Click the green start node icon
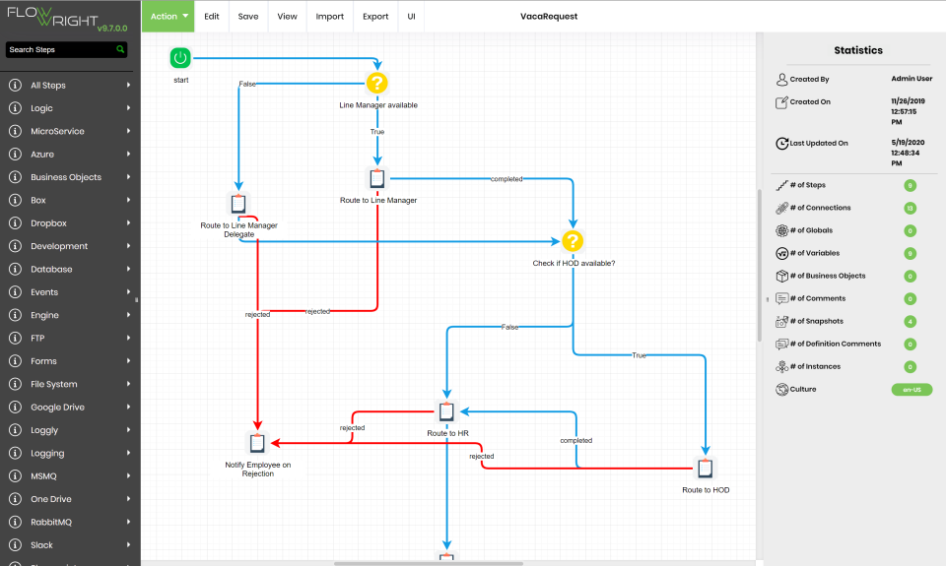pyautogui.click(x=179, y=59)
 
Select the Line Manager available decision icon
pyautogui.click(x=377, y=83)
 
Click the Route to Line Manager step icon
pyautogui.click(x=377, y=178)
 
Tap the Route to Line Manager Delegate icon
pyautogui.click(x=238, y=204)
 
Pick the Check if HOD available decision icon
pyautogui.click(x=574, y=241)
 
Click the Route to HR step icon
pyautogui.click(x=446, y=411)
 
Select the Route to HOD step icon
pyautogui.click(x=706, y=468)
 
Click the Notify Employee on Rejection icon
pyautogui.click(x=258, y=442)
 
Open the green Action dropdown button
pyautogui.click(x=169, y=17)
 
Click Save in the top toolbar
pyautogui.click(x=248, y=17)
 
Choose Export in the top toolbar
pyautogui.click(x=375, y=17)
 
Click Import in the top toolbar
pyautogui.click(x=330, y=17)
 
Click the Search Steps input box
pyautogui.click(x=60, y=49)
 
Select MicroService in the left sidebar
pyautogui.click(x=57, y=131)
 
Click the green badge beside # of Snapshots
pyautogui.click(x=911, y=321)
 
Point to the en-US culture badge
pyautogui.click(x=911, y=390)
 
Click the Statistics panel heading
pyautogui.click(x=857, y=50)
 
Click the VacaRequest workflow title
pyautogui.click(x=549, y=17)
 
